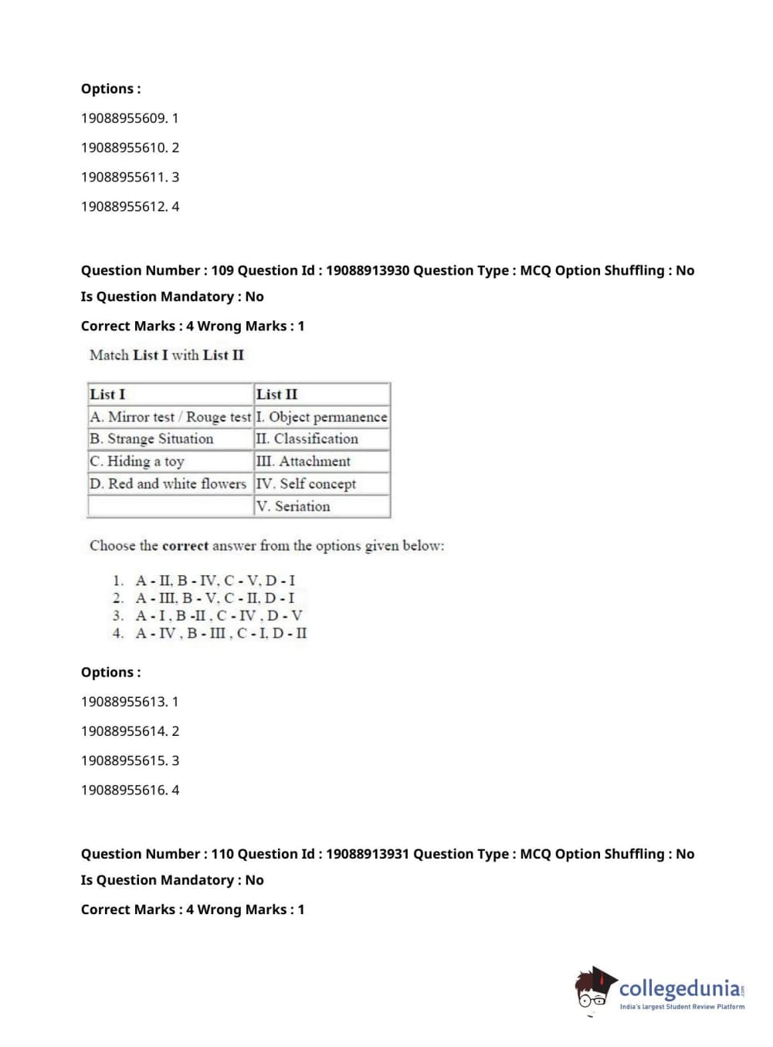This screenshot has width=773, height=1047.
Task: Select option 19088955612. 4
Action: pyautogui.click(x=130, y=206)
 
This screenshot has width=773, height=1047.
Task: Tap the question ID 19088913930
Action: pyautogui.click(x=368, y=270)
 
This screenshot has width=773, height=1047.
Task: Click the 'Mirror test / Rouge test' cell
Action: pyautogui.click(x=171, y=417)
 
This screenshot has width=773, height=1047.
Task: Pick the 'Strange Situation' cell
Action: pyautogui.click(x=151, y=439)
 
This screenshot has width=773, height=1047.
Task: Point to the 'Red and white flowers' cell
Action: pyautogui.click(x=168, y=483)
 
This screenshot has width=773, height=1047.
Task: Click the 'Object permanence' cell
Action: pyautogui.click(x=322, y=417)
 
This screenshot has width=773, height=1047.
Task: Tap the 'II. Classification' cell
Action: pyautogui.click(x=307, y=439)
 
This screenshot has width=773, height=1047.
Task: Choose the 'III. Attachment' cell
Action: pyautogui.click(x=303, y=461)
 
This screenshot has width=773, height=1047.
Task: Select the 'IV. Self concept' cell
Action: pyautogui.click(x=307, y=483)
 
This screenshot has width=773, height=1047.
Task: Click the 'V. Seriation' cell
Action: pyautogui.click(x=293, y=506)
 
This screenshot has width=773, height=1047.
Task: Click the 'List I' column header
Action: pyautogui.click(x=107, y=394)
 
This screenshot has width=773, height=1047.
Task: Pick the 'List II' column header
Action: pyautogui.click(x=276, y=394)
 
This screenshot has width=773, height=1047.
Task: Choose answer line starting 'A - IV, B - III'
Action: pyautogui.click(x=221, y=633)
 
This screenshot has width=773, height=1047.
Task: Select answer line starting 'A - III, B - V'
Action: pyautogui.click(x=215, y=598)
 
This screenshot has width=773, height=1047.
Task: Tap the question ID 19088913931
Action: pyautogui.click(x=368, y=854)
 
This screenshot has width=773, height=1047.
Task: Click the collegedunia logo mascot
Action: pyautogui.click(x=595, y=988)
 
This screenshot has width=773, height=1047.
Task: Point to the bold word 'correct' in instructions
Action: pyautogui.click(x=185, y=546)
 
